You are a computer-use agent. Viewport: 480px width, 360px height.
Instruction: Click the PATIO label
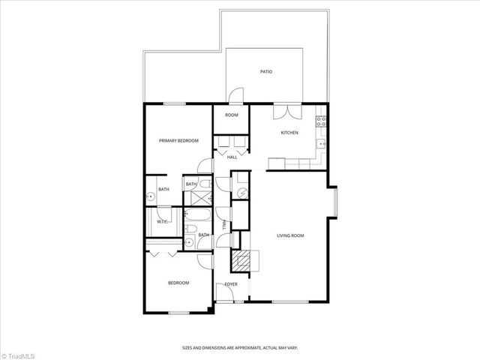coord(266,72)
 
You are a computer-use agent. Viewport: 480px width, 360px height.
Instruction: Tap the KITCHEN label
coord(289,133)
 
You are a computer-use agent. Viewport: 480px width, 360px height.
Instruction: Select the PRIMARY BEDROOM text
coord(178,140)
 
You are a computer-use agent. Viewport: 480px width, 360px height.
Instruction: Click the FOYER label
coord(231,284)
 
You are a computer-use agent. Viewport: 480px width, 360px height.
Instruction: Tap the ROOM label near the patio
coord(232,115)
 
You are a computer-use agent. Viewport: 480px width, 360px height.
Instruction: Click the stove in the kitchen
coord(321,120)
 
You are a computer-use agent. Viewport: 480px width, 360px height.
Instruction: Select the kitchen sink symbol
coord(321,142)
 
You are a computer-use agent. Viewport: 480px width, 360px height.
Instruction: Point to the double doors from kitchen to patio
coord(285,111)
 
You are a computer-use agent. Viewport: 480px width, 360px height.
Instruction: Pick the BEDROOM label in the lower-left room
coord(178,283)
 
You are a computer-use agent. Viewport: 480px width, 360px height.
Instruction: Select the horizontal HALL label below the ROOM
coord(232,157)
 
